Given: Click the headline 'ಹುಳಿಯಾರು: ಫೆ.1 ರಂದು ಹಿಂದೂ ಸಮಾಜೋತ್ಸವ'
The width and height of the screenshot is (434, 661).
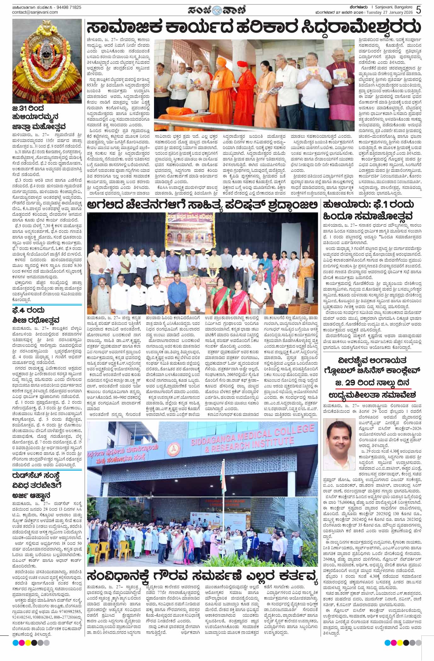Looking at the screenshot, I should coord(367,210).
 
